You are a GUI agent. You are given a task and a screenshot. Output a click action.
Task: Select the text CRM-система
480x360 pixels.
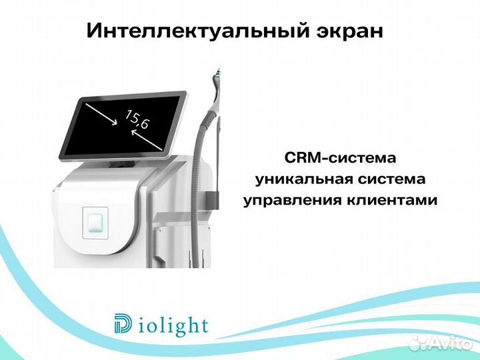(340, 159)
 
